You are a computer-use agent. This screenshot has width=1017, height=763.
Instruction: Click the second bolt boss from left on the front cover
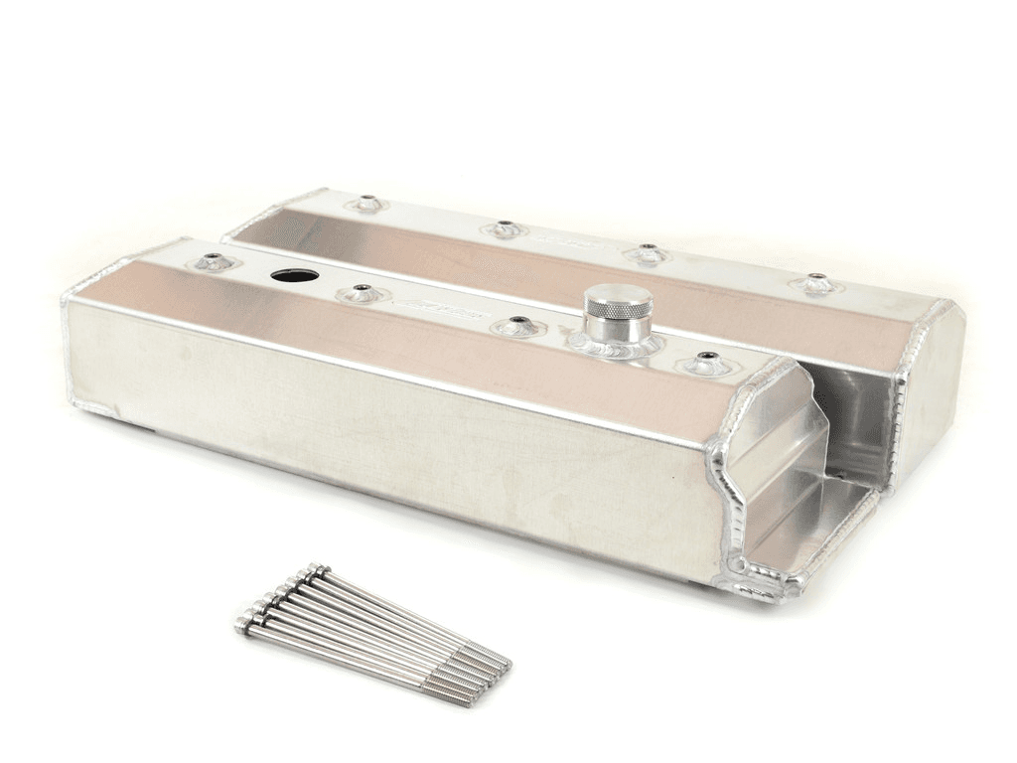pos(361,293)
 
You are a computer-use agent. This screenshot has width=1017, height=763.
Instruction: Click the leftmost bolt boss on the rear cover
pos(367,204)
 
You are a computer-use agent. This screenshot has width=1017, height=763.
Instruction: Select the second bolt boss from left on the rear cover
pos(505,229)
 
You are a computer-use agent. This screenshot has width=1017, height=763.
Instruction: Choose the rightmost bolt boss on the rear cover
pos(816,283)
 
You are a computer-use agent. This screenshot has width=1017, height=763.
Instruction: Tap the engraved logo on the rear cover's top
pos(571,239)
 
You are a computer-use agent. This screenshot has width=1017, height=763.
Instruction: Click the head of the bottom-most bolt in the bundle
pos(244,626)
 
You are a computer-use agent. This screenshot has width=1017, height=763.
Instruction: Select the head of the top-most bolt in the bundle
pos(320,569)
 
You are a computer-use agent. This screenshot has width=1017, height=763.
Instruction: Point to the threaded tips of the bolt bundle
pos(487,676)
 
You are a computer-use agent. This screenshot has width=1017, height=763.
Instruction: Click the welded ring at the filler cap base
pos(616,344)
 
